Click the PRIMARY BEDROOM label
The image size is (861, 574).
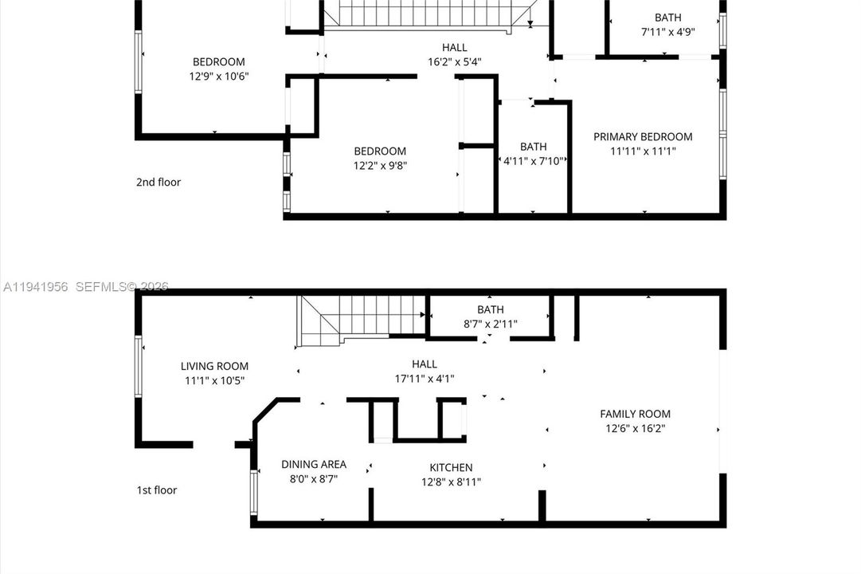point(643,136)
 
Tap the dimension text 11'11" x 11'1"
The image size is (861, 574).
point(643,151)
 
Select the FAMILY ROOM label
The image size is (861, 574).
point(635,414)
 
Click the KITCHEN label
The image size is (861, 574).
point(451,467)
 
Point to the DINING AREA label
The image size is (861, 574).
point(314,464)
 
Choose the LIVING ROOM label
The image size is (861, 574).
point(214,366)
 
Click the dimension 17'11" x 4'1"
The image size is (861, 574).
point(425,378)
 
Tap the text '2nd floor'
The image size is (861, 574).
point(159,182)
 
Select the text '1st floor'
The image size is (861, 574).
point(156,489)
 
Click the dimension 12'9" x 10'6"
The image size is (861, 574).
point(219,76)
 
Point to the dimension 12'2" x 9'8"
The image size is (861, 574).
point(380,165)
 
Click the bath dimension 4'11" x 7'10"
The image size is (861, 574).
point(534,160)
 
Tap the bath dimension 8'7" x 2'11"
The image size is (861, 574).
point(491,324)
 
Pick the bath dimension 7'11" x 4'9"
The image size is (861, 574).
point(667,31)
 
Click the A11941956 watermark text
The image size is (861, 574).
point(35,286)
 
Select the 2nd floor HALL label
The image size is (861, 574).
point(455,47)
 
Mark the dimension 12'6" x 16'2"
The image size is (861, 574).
point(636,428)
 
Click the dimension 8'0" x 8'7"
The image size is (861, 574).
point(314,478)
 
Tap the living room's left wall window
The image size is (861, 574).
point(139,366)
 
